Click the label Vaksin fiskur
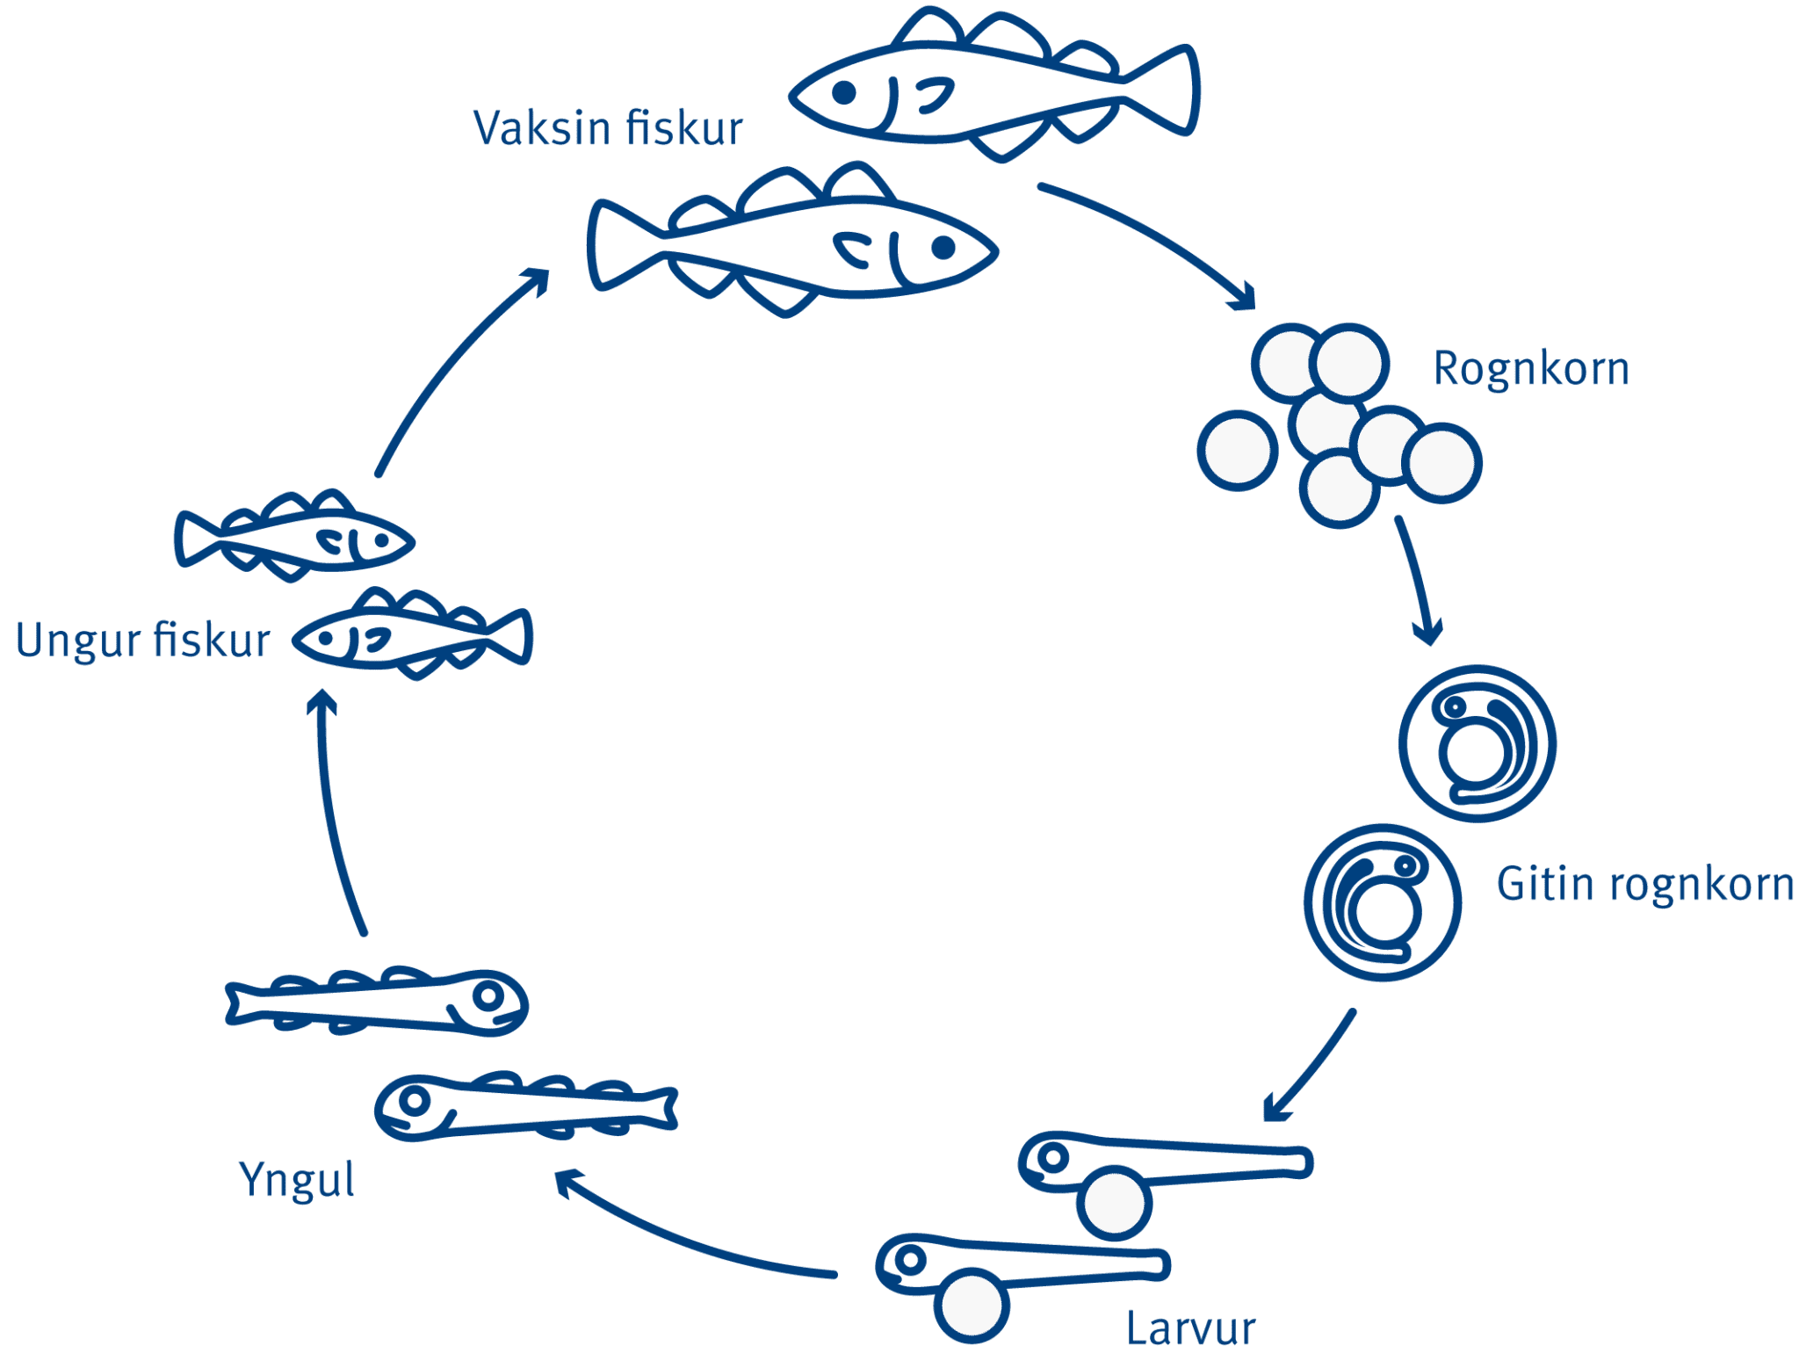tap(608, 128)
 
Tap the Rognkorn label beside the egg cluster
tap(1531, 368)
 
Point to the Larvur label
tap(1190, 1328)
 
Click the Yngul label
tap(297, 1179)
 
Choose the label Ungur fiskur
tap(143, 640)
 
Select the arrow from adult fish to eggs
tap(1151, 242)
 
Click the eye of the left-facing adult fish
tap(844, 91)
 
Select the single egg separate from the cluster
tap(1237, 450)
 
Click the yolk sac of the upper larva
tap(1114, 1205)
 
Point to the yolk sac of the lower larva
tap(971, 1306)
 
